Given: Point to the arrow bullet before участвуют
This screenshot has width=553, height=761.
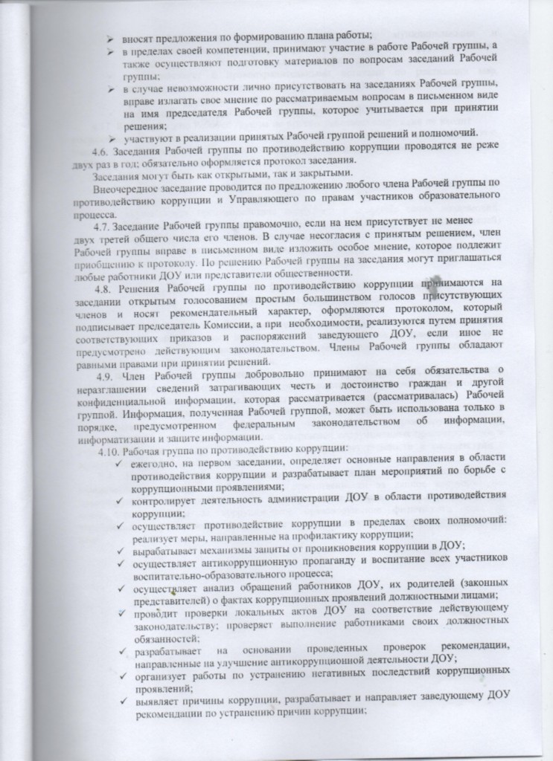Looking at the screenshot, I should pyautogui.click(x=111, y=134).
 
